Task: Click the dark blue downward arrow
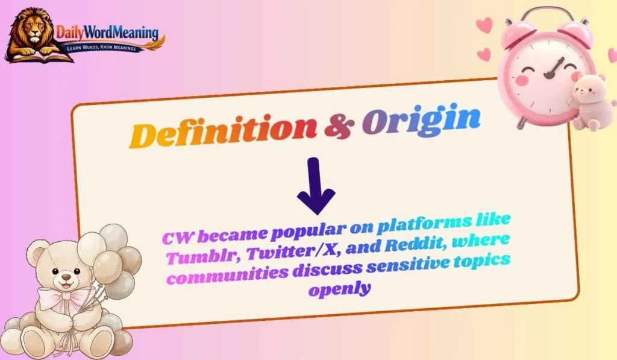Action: click(316, 186)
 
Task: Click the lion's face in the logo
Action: click(34, 31)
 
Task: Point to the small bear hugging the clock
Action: click(587, 99)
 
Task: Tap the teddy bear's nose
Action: click(63, 279)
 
